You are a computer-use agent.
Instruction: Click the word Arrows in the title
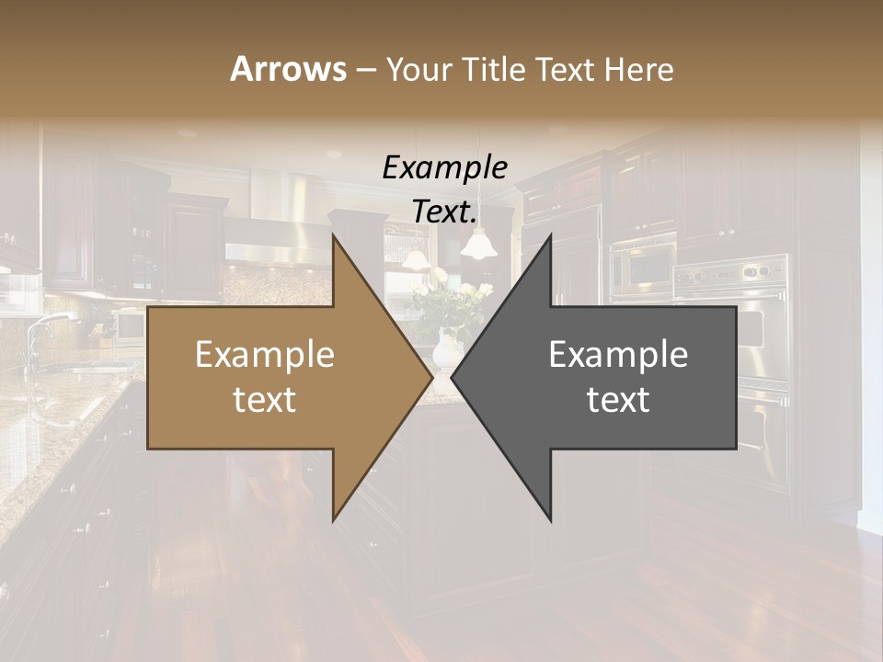tap(288, 69)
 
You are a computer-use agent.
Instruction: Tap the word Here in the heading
tap(639, 69)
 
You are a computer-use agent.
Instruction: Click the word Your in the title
tap(419, 69)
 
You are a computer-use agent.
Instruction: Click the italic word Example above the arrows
tap(444, 168)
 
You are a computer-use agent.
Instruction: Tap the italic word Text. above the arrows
tap(444, 212)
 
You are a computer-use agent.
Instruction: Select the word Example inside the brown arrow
tap(264, 355)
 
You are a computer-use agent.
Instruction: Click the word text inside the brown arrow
tap(264, 400)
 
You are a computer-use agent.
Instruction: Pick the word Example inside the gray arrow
tap(618, 355)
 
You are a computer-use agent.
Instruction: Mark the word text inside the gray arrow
tap(618, 400)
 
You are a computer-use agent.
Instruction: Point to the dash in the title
tap(364, 70)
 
